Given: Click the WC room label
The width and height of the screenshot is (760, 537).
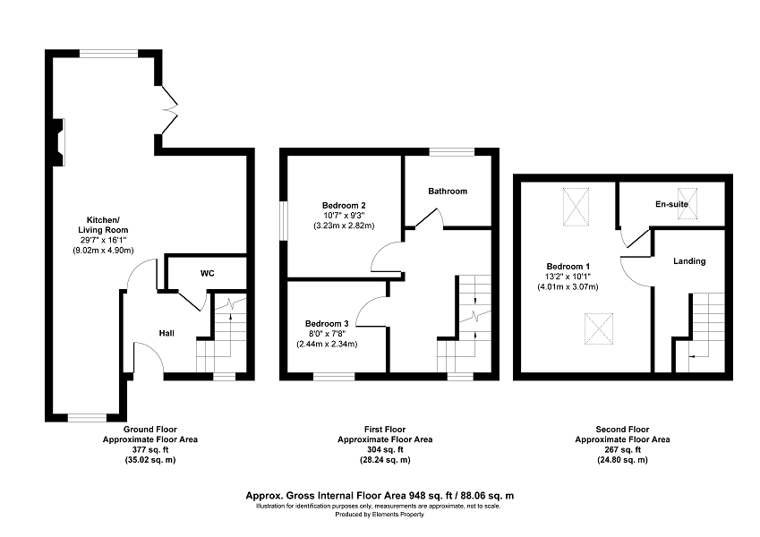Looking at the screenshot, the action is point(208,273).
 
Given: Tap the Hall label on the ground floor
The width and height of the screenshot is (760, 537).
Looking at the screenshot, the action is point(167,333).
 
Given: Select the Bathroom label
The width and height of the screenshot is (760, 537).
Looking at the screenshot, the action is point(448,191).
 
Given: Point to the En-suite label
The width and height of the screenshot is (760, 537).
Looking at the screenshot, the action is point(671,204).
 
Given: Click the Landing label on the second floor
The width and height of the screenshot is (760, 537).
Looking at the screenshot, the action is point(689,261).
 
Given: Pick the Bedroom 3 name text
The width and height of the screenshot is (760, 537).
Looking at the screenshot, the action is point(327,324).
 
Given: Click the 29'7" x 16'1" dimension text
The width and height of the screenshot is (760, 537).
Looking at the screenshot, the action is point(103,241).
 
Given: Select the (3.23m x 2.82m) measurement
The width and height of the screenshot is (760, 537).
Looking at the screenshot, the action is point(344,226).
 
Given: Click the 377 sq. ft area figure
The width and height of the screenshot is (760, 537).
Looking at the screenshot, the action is point(150,450).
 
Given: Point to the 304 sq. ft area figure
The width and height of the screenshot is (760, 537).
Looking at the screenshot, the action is point(385,450).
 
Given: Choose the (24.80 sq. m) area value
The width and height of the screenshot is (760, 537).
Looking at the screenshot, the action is point(622,460).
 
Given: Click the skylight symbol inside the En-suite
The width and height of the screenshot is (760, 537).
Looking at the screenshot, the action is point(687,203).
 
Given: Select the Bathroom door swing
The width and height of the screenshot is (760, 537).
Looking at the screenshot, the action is point(431,217).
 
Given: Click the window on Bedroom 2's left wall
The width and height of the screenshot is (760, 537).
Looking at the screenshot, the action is point(284,221).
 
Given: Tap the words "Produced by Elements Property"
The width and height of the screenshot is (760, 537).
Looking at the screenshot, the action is point(380,515).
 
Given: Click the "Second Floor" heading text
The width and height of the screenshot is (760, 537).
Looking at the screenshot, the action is point(622,430).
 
